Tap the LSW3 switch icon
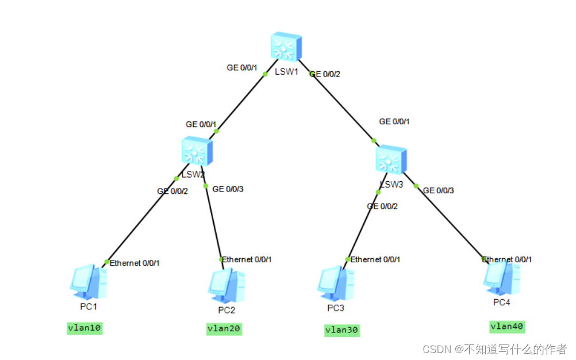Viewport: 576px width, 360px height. (391, 160)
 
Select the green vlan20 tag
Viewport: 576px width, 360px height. (224, 328)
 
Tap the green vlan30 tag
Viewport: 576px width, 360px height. (342, 330)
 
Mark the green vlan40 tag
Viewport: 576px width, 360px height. (507, 327)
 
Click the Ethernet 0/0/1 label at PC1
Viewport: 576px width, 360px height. (135, 263)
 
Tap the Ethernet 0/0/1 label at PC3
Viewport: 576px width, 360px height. (375, 259)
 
